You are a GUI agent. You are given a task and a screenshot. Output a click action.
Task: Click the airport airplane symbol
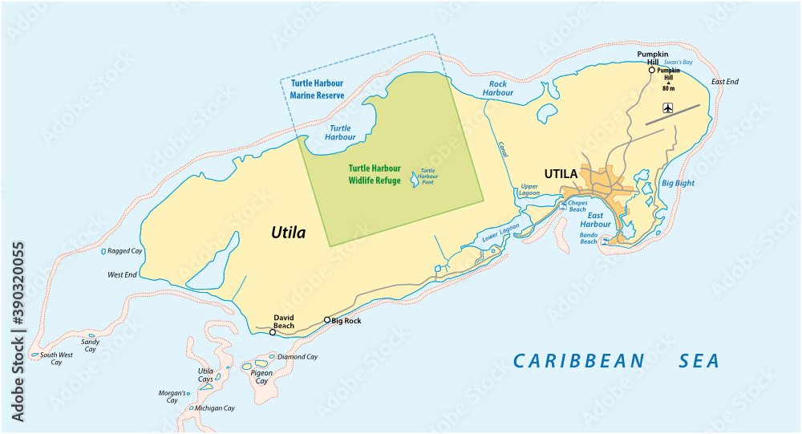pos(668,107)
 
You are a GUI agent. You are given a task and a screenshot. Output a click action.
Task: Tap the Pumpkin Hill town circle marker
pos(651,70)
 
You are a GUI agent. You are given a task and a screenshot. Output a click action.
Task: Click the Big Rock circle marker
pos(326,320)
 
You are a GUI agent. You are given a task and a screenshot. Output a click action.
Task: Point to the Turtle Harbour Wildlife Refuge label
pos(375,175)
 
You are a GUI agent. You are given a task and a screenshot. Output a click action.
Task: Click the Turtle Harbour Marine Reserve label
pos(318,89)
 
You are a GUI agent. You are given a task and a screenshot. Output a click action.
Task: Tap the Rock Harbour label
pos(498,87)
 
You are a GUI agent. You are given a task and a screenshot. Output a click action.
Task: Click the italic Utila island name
pos(287,233)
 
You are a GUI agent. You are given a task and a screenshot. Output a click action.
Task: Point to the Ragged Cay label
pos(125,251)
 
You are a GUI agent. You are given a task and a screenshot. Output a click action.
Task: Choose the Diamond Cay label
pos(298,357)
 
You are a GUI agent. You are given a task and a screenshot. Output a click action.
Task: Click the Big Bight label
pos(678,183)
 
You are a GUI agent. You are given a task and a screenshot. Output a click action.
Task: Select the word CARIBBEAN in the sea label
pos(579,361)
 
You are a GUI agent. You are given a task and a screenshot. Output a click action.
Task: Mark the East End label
pos(725,82)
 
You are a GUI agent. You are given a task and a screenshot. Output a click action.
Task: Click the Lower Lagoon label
pos(500,232)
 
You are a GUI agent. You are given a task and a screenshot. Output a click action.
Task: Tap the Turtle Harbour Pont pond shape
pos(415,180)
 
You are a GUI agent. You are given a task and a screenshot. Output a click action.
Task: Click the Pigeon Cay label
pos(261,377)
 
